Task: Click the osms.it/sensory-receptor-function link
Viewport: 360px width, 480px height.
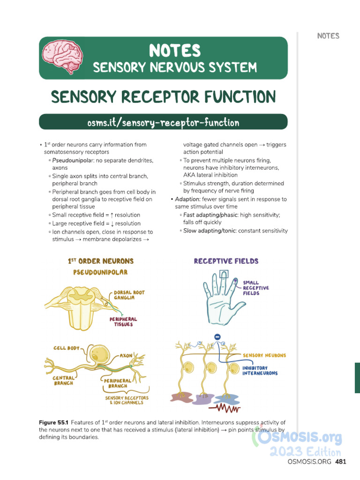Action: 163,123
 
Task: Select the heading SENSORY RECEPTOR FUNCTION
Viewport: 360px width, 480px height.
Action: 163,97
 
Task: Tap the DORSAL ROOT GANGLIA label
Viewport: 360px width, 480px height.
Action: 129,295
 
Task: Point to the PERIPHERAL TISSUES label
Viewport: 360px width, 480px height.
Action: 123,322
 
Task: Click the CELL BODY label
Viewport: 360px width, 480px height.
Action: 66,348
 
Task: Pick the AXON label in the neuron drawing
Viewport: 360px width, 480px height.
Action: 126,356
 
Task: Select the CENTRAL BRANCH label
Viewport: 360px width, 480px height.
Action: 63,380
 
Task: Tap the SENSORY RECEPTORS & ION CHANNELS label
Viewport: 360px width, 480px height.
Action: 127,400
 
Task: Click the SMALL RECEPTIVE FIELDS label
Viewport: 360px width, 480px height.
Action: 256,288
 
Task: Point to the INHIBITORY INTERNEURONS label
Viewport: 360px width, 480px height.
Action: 260,370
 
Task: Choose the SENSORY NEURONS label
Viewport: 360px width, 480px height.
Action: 264,355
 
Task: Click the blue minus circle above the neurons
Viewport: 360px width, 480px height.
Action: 217,337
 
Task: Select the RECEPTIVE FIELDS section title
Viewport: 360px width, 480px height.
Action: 226,261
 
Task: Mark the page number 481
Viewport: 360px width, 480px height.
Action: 341,462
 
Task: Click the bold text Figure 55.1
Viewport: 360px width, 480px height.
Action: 53,423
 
